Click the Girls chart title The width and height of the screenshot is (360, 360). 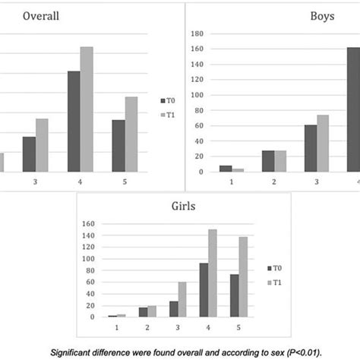182,204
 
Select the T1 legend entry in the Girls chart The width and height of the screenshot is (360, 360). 275,283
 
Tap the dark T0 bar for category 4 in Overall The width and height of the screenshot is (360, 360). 74,122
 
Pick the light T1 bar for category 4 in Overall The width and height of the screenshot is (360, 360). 87,109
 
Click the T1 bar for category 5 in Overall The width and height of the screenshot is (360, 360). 131,134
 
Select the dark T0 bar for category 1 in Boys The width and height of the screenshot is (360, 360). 226,169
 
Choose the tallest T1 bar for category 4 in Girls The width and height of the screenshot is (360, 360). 213,273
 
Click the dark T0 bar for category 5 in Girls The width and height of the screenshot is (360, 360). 235,295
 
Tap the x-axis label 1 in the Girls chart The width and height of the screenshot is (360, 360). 117,326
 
